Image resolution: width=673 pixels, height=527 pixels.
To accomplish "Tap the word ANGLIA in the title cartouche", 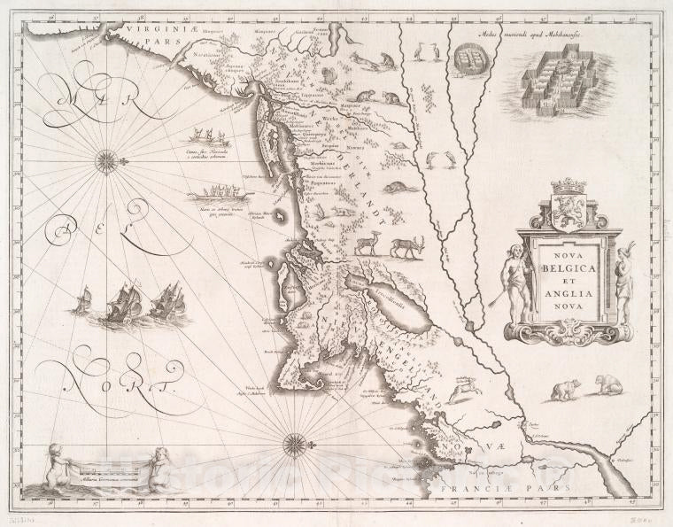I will click(x=568, y=286).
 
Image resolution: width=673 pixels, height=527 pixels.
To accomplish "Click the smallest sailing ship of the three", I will click(x=81, y=301).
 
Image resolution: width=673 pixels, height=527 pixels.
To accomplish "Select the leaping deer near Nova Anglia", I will click(x=460, y=388).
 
